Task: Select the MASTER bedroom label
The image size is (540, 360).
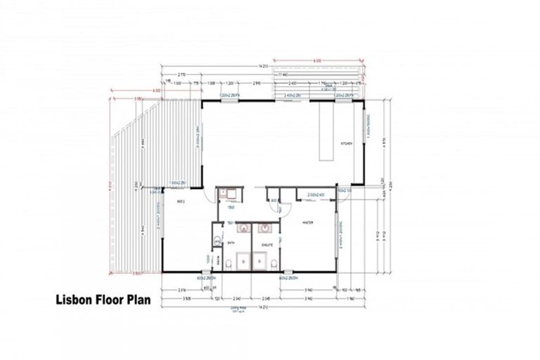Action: (307, 223)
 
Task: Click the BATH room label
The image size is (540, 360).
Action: (231, 243)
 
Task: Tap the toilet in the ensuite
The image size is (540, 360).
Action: (272, 264)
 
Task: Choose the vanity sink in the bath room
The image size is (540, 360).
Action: (243, 228)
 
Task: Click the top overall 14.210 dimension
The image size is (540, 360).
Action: (263, 67)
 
